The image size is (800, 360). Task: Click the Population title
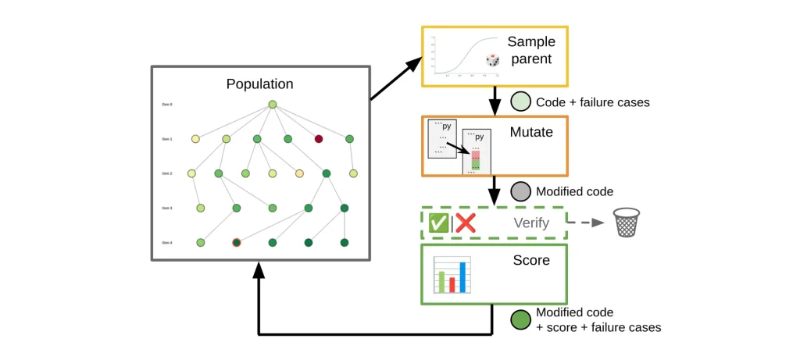click(260, 84)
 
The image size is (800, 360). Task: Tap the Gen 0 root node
click(273, 105)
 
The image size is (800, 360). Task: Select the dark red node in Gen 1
click(319, 139)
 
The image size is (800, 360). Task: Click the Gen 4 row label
click(166, 243)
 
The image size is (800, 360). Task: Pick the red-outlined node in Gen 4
click(237, 243)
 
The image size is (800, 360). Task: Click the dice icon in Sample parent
click(493, 59)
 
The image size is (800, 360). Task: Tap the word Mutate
click(531, 133)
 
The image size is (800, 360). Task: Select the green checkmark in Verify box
click(438, 223)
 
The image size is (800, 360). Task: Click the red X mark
click(466, 223)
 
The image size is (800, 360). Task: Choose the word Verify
click(532, 223)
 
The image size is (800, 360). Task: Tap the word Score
click(532, 260)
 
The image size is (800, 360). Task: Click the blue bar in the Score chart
click(462, 276)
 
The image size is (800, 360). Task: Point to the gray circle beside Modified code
click(520, 191)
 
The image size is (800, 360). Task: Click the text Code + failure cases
click(593, 102)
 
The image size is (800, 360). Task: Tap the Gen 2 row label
click(166, 173)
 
